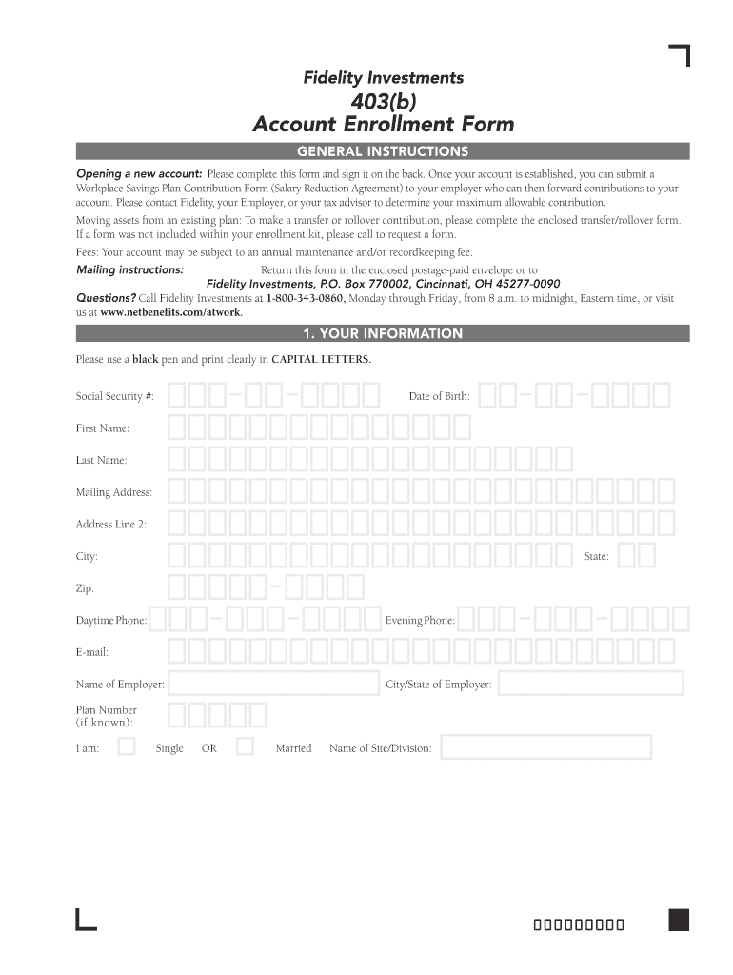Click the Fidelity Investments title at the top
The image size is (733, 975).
[x=383, y=78]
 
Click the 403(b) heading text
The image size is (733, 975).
[x=383, y=102]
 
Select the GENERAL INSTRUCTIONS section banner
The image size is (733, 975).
[x=383, y=151]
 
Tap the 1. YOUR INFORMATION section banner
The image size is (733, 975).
[x=383, y=333]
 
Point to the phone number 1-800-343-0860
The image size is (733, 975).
[x=305, y=298]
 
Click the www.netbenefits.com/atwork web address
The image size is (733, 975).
[x=170, y=312]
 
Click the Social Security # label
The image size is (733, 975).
[x=115, y=396]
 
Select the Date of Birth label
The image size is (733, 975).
[x=439, y=396]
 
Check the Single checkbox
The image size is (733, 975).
[x=126, y=746]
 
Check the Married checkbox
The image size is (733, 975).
[x=245, y=746]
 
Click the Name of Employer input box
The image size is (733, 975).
[x=274, y=684]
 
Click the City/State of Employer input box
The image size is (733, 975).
[x=590, y=684]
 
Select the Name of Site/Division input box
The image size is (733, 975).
[x=546, y=747]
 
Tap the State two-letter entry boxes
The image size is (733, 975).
[x=636, y=555]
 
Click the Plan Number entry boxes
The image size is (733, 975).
[x=217, y=715]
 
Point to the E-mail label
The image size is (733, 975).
[x=92, y=652]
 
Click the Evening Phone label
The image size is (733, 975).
[x=420, y=621]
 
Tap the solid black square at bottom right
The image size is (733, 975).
[x=679, y=920]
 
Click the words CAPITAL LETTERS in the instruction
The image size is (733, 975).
[x=321, y=359]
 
